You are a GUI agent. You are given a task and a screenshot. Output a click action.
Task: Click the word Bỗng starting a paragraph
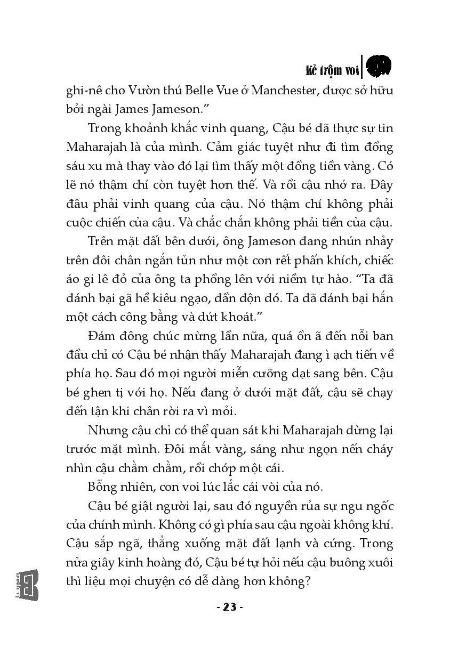(x=102, y=487)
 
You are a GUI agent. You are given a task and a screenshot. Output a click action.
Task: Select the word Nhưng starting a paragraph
(x=106, y=430)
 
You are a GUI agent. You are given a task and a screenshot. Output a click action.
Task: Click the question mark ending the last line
(x=307, y=581)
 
